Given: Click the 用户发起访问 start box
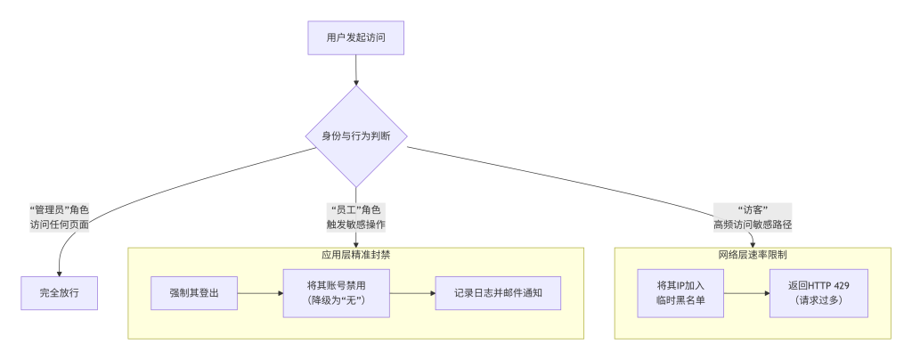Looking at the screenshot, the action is pos(356,37).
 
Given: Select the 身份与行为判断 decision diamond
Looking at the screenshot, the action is pos(356,136).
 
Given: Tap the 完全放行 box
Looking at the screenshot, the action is pos(60,293).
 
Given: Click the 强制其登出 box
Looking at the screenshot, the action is pos(194,293).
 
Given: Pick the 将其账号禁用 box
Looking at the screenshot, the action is pos(336,293).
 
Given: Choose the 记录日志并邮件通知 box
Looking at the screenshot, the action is pos(498,293).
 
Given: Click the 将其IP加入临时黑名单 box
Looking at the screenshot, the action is pos(680,293).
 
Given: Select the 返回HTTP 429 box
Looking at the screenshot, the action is pos(819,293).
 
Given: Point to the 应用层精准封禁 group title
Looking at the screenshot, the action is pos(356,255).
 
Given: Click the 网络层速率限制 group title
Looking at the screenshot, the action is pos(753,255).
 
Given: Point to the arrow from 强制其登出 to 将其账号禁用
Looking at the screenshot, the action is pos(261,293).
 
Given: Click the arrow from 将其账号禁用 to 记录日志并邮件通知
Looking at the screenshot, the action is pos(412,293).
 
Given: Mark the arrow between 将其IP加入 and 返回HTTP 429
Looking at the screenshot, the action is pos(747,293).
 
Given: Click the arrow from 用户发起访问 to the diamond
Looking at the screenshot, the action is pos(356,70).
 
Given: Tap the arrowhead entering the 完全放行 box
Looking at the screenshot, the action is pos(60,274).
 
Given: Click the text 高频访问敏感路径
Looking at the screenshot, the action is pos(753,225).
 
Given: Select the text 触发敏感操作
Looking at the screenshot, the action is pos(356,225).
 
